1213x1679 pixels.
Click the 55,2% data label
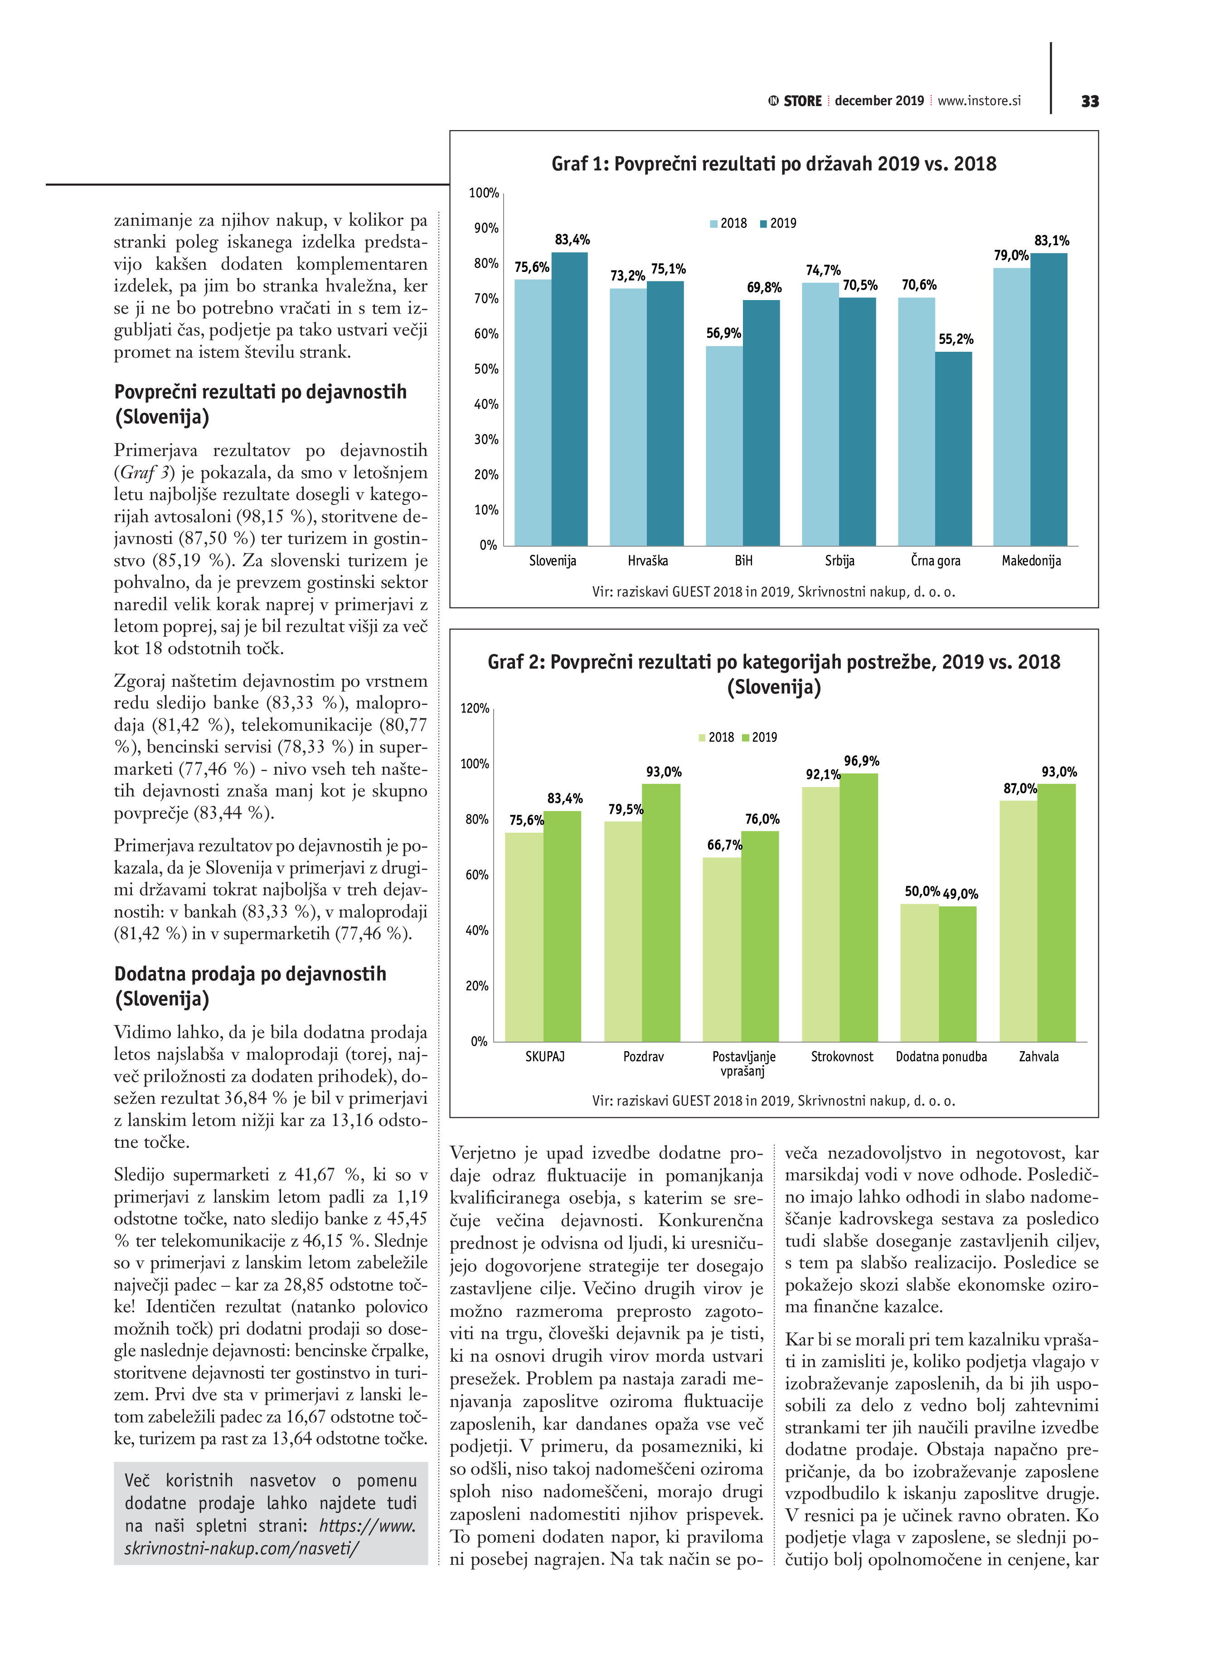click(956, 339)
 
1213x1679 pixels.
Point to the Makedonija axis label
click(1031, 560)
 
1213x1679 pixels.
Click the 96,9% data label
click(861, 761)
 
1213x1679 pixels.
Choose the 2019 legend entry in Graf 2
click(759, 738)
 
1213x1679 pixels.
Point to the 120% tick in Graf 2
click(475, 708)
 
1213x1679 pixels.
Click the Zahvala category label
click(1038, 1057)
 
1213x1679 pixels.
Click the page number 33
click(1089, 102)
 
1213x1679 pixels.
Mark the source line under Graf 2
click(773, 1101)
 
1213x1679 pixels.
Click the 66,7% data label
click(724, 844)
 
